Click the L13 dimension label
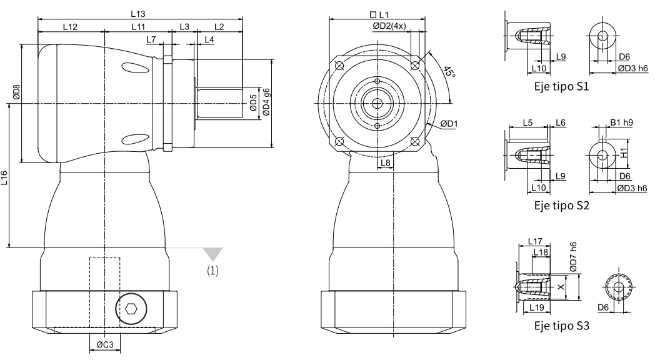138,14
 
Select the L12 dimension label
70,27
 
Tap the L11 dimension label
138,27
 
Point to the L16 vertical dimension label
4,178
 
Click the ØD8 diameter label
16,92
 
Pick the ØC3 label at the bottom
105,344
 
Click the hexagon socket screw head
131,309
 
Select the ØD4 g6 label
266,102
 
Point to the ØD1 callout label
449,124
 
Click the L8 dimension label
386,162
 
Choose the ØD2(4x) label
389,26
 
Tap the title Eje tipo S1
561,87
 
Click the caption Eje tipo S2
561,206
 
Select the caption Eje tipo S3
561,326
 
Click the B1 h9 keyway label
622,122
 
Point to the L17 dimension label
535,241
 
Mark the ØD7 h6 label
573,256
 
